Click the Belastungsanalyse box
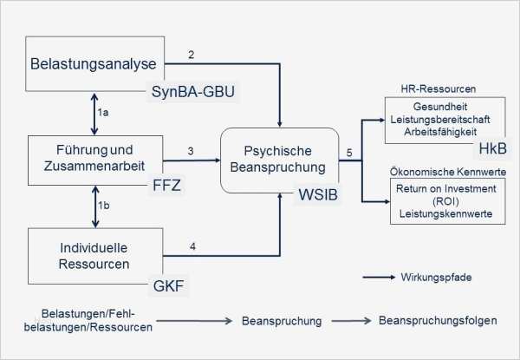tap(95, 62)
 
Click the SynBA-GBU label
tap(193, 91)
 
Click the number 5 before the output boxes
tap(348, 154)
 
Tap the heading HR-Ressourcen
tap(432, 89)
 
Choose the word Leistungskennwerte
tap(441, 213)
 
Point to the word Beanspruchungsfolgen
tap(439, 320)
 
